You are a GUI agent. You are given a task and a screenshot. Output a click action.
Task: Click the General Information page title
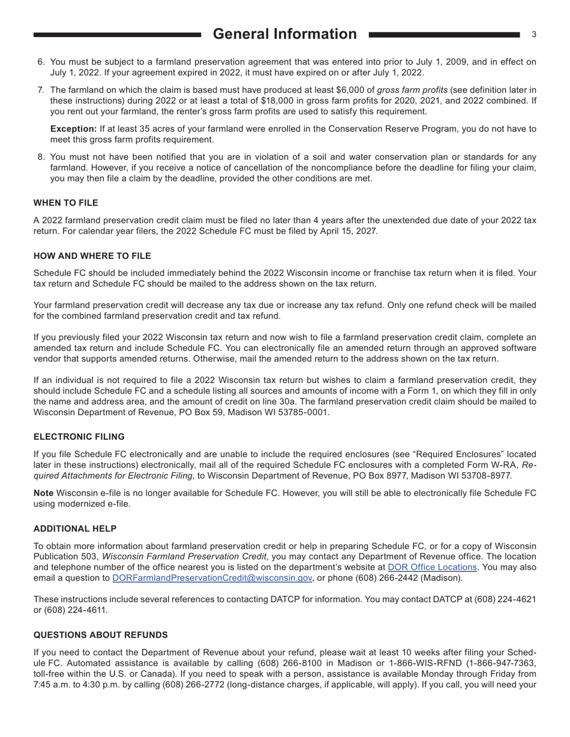pos(284,34)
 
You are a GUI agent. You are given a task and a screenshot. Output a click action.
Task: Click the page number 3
pos(533,35)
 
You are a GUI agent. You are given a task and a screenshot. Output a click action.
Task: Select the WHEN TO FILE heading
pos(65,203)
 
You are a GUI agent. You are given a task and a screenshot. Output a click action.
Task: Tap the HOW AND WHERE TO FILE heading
pos(92,256)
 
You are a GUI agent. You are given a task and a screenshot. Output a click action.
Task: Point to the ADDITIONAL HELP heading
pos(75,528)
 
